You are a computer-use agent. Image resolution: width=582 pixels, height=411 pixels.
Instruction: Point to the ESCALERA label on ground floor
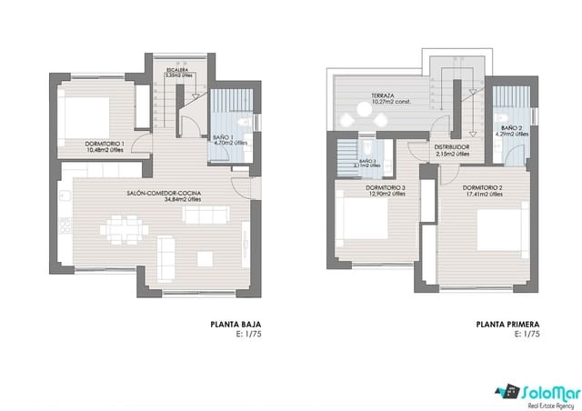(177, 69)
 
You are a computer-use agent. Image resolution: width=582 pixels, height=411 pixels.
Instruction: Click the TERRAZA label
(382, 95)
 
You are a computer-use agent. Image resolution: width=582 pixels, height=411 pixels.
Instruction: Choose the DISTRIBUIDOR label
(452, 147)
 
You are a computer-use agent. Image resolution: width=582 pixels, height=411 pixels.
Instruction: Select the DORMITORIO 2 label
(483, 187)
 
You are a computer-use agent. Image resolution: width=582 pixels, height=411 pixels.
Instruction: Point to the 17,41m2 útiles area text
(483, 194)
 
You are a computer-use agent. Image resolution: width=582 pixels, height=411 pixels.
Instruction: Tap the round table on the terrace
(377, 113)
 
